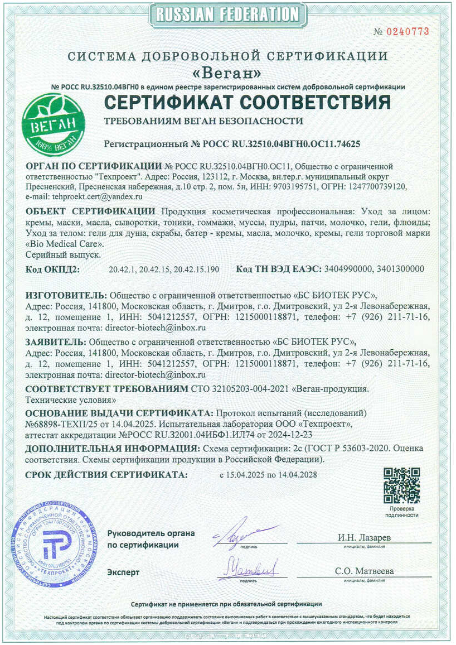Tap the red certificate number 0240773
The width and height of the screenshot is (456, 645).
[410, 32]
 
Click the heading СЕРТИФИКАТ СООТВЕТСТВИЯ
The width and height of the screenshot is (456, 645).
[248, 103]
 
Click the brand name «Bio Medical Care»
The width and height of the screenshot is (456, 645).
[65, 244]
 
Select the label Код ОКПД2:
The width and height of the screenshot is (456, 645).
[53, 269]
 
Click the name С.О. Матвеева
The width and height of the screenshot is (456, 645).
[365, 571]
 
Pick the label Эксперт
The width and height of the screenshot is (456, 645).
[123, 572]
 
